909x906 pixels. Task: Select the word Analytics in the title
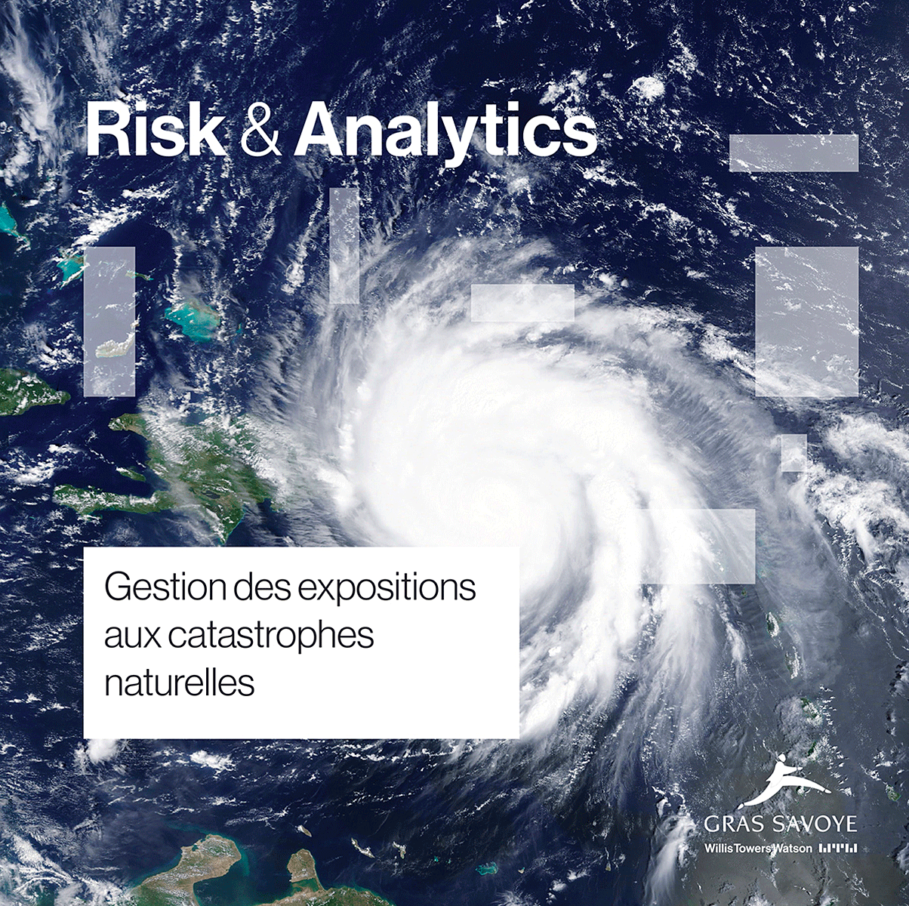445,135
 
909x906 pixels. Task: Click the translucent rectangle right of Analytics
793,153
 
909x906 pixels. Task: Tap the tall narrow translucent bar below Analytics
344,245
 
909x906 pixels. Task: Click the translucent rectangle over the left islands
109,322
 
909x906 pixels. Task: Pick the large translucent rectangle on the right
806,322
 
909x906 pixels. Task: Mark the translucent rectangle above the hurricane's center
522,303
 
